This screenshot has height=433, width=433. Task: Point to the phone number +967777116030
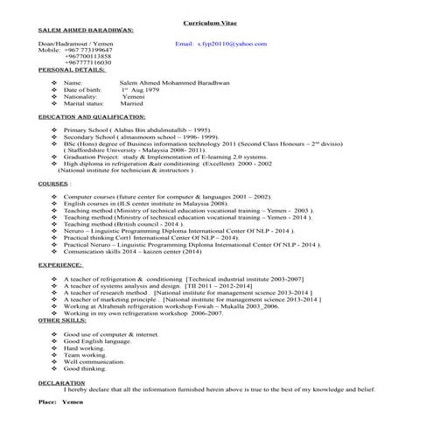coord(88,63)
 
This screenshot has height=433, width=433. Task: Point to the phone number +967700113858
coord(88,56)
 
